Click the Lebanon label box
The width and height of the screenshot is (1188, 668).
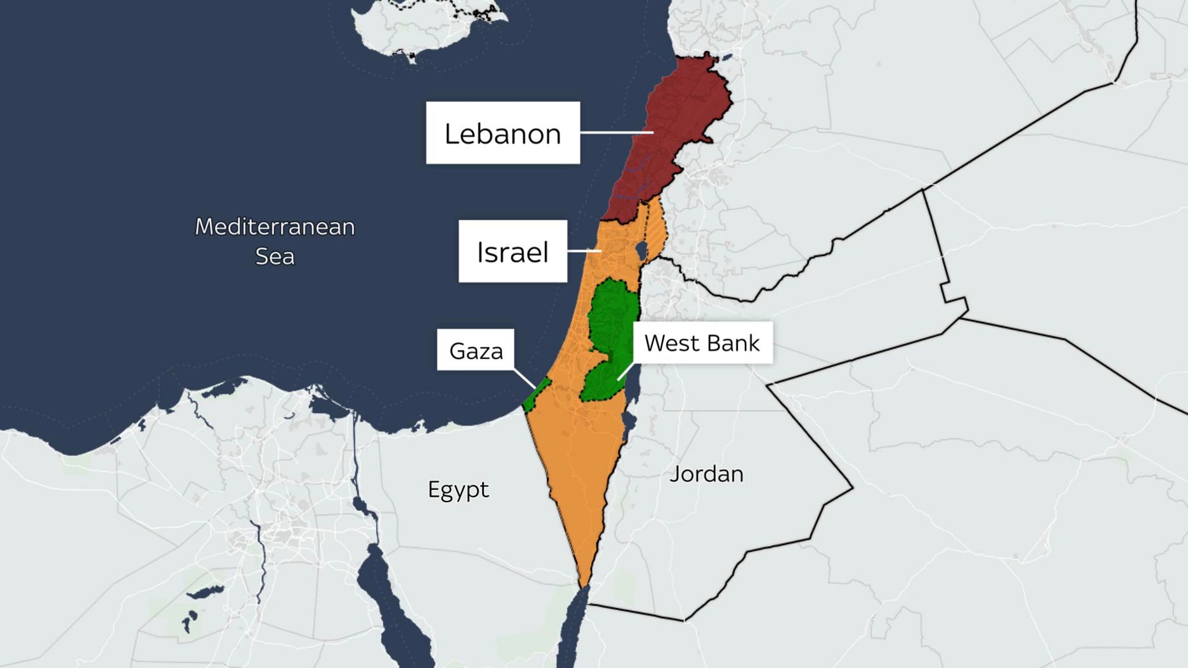pyautogui.click(x=502, y=133)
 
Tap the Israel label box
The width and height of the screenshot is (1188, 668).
pyautogui.click(x=512, y=252)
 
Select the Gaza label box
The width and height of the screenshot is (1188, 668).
pyautogui.click(x=476, y=350)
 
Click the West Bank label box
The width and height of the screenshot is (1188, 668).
pyautogui.click(x=702, y=343)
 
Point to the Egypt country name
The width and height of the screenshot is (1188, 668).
pyautogui.click(x=458, y=489)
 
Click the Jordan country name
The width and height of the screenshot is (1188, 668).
pyautogui.click(x=706, y=474)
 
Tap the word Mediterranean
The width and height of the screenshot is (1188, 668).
pyautogui.click(x=274, y=227)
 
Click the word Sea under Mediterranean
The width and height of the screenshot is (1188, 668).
pyautogui.click(x=274, y=256)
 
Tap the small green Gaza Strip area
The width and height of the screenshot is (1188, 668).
pyautogui.click(x=537, y=394)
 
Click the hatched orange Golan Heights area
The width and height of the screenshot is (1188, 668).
pyautogui.click(x=655, y=229)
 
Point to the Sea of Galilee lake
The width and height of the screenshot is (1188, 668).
pyautogui.click(x=641, y=251)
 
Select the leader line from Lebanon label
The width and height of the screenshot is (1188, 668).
pyautogui.click(x=615, y=133)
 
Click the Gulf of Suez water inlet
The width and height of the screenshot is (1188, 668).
pyautogui.click(x=383, y=591)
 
